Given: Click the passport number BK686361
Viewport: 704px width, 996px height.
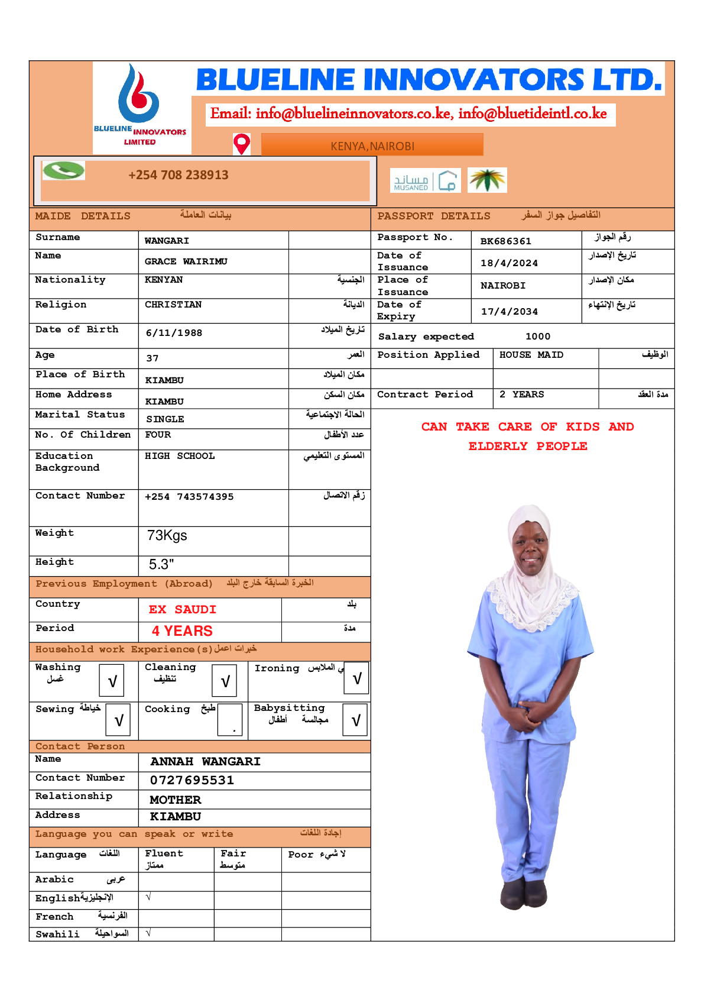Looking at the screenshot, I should (505, 241).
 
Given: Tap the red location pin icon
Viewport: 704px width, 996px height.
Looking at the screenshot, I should (242, 144).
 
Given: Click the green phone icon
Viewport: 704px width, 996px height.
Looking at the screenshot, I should (64, 170).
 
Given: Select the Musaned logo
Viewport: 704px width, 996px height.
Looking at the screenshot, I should (425, 180).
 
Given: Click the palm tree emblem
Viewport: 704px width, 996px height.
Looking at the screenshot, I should (487, 180).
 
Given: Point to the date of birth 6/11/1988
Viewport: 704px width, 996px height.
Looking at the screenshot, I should (174, 333).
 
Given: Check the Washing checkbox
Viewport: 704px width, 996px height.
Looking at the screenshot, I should (112, 681).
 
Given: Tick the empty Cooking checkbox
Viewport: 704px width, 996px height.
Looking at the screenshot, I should (229, 720).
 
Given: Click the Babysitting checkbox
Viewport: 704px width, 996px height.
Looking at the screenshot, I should (355, 720).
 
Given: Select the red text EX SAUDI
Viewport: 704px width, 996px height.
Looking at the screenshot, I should (182, 610).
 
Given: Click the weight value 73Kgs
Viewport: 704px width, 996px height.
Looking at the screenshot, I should (167, 536).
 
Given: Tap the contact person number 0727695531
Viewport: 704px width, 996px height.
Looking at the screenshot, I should (192, 781).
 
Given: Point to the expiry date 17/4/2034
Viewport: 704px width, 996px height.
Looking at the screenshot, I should (509, 312).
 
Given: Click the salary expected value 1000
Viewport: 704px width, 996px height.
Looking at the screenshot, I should (537, 337).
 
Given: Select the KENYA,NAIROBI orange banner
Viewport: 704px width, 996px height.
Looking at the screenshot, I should (372, 145).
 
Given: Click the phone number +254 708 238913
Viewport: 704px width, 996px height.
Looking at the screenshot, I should (178, 175).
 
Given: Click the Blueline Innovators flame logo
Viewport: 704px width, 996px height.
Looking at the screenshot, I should (139, 95).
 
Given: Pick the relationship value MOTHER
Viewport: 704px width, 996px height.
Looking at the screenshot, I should (175, 800).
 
